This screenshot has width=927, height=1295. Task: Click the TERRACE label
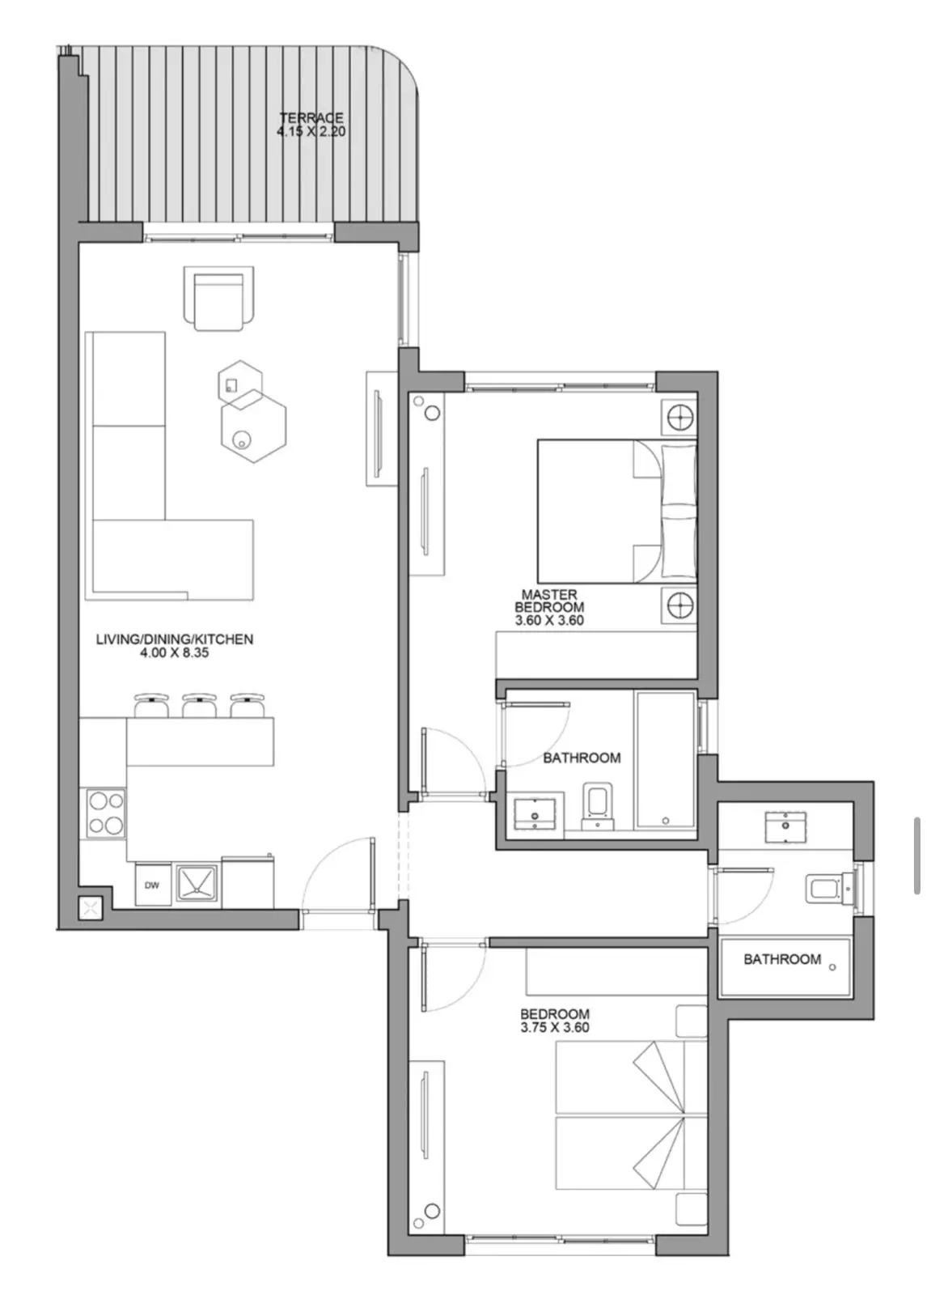point(311,117)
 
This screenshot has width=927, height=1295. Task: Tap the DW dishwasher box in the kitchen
point(153,885)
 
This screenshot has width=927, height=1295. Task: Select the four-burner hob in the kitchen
point(106,813)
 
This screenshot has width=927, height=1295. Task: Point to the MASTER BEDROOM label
point(549,601)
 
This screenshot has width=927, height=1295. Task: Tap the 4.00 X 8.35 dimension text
point(175,652)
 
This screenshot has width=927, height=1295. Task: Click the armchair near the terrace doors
point(218,299)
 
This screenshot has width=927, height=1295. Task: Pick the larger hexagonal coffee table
point(254,426)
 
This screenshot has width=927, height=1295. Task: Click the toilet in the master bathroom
point(597,806)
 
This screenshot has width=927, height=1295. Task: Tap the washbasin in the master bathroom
point(535,813)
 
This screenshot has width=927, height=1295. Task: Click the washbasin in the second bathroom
point(785,826)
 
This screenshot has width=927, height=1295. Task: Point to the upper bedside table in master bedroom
point(679,416)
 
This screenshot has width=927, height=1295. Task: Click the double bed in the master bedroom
point(617,511)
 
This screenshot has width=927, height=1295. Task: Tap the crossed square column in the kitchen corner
point(90,907)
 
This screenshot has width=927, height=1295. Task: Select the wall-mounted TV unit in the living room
point(382,428)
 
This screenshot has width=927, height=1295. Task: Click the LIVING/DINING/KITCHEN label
point(175,639)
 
